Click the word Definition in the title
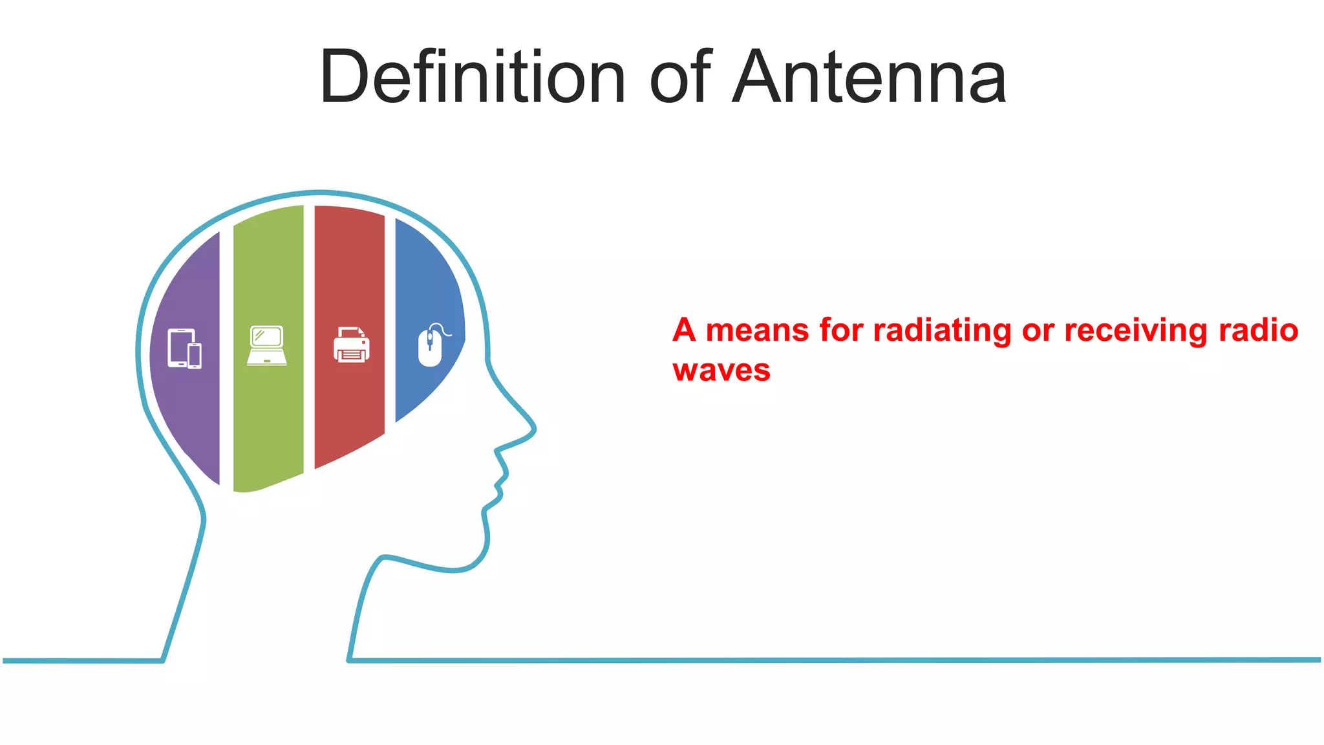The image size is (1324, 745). coord(473,78)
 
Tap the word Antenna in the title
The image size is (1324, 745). coord(869,78)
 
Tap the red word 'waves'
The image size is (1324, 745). coord(721,371)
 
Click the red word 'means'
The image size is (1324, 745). coord(757,330)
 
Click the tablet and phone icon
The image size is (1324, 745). coord(184,349)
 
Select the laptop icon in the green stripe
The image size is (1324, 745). coord(267,345)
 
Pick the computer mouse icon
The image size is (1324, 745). coord(432,346)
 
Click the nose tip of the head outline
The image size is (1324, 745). coord(534,428)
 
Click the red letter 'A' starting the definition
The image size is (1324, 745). coord(683,330)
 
